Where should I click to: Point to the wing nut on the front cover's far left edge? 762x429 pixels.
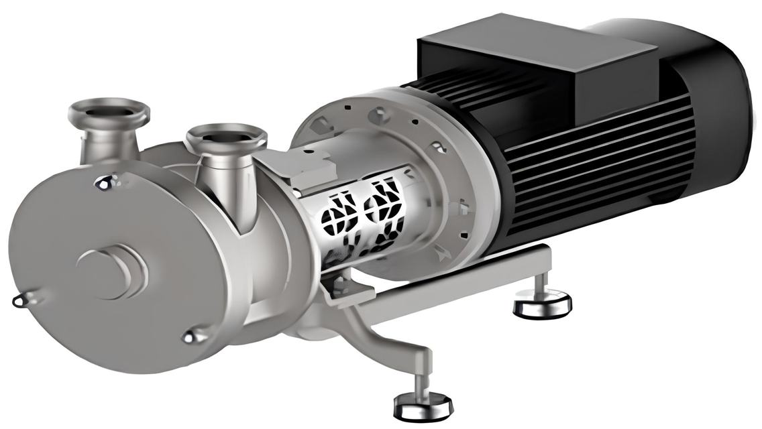click(21, 300)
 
